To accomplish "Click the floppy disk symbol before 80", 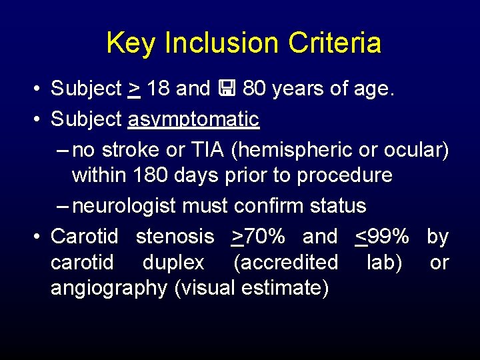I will (227, 88).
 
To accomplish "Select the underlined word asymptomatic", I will (193, 120).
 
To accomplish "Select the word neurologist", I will (125, 206).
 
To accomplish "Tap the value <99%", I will (382, 236).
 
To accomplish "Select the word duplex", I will (173, 263).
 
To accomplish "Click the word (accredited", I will (285, 263).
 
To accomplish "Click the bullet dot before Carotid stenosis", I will (39, 237).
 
